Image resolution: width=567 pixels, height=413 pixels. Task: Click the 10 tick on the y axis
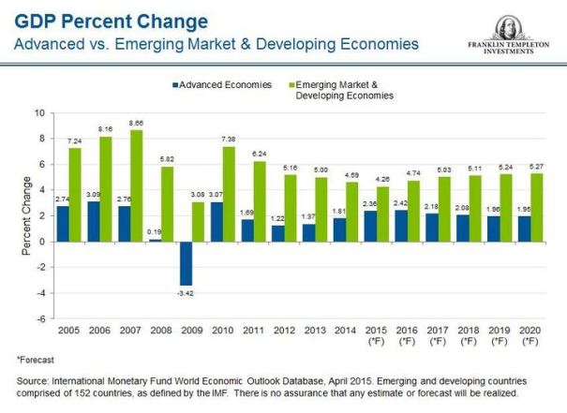click(x=39, y=112)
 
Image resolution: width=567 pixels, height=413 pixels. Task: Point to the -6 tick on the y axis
click(x=39, y=319)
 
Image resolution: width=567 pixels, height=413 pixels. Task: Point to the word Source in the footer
click(x=35, y=381)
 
